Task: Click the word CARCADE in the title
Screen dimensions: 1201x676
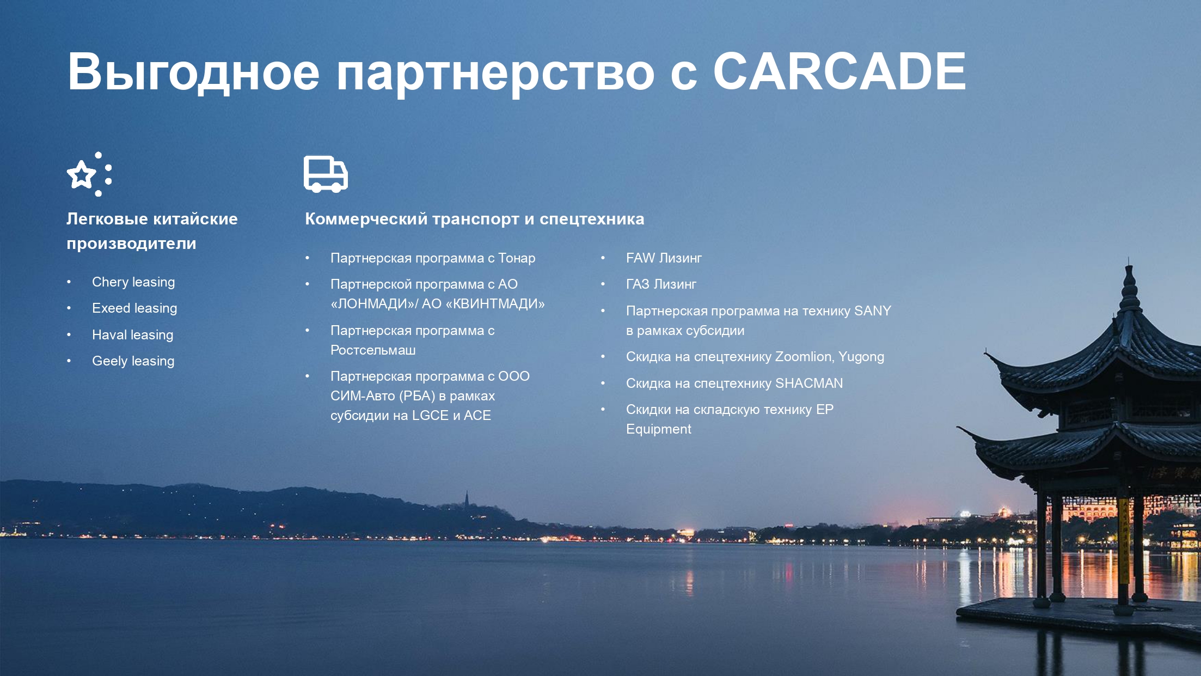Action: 840,71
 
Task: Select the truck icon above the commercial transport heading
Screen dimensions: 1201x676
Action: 326,174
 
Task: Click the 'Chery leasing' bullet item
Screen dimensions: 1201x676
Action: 133,282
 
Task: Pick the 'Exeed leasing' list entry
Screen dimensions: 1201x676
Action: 134,308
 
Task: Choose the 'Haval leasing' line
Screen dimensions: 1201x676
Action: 133,335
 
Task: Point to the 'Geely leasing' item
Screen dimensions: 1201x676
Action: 133,361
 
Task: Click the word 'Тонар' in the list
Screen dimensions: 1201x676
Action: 517,258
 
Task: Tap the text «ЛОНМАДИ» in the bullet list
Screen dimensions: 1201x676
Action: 372,304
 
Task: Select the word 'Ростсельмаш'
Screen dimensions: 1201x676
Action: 373,350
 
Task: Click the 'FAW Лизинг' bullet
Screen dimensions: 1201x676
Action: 664,258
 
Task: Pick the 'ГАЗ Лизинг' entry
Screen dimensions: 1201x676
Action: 661,284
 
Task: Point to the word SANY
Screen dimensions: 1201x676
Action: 872,311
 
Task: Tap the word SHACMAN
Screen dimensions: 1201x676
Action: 809,383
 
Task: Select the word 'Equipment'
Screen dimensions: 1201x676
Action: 659,429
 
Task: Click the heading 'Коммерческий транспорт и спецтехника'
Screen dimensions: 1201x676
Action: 474,219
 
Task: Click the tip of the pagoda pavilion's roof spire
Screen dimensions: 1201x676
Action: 1129,259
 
